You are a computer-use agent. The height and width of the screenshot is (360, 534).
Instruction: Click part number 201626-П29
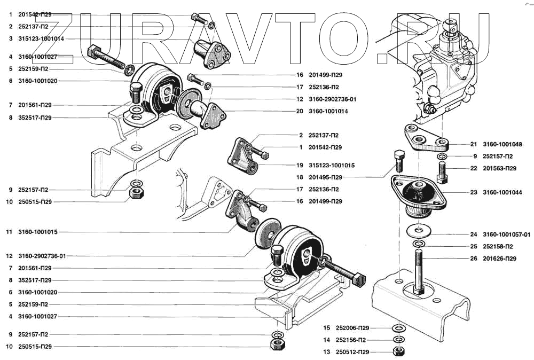point(499,259)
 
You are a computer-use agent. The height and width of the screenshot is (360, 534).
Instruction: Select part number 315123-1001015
point(332,165)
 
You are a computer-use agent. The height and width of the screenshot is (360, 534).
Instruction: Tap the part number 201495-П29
point(327,177)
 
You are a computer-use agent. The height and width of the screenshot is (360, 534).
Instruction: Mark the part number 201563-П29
point(499,168)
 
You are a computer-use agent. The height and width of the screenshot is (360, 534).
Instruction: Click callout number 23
point(474,192)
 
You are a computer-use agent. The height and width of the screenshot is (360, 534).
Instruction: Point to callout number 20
point(300,111)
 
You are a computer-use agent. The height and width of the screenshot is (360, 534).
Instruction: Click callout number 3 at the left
point(11,38)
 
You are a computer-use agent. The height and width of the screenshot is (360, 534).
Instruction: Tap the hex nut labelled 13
point(397,352)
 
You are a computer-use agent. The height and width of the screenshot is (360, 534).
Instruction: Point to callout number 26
point(474,259)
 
